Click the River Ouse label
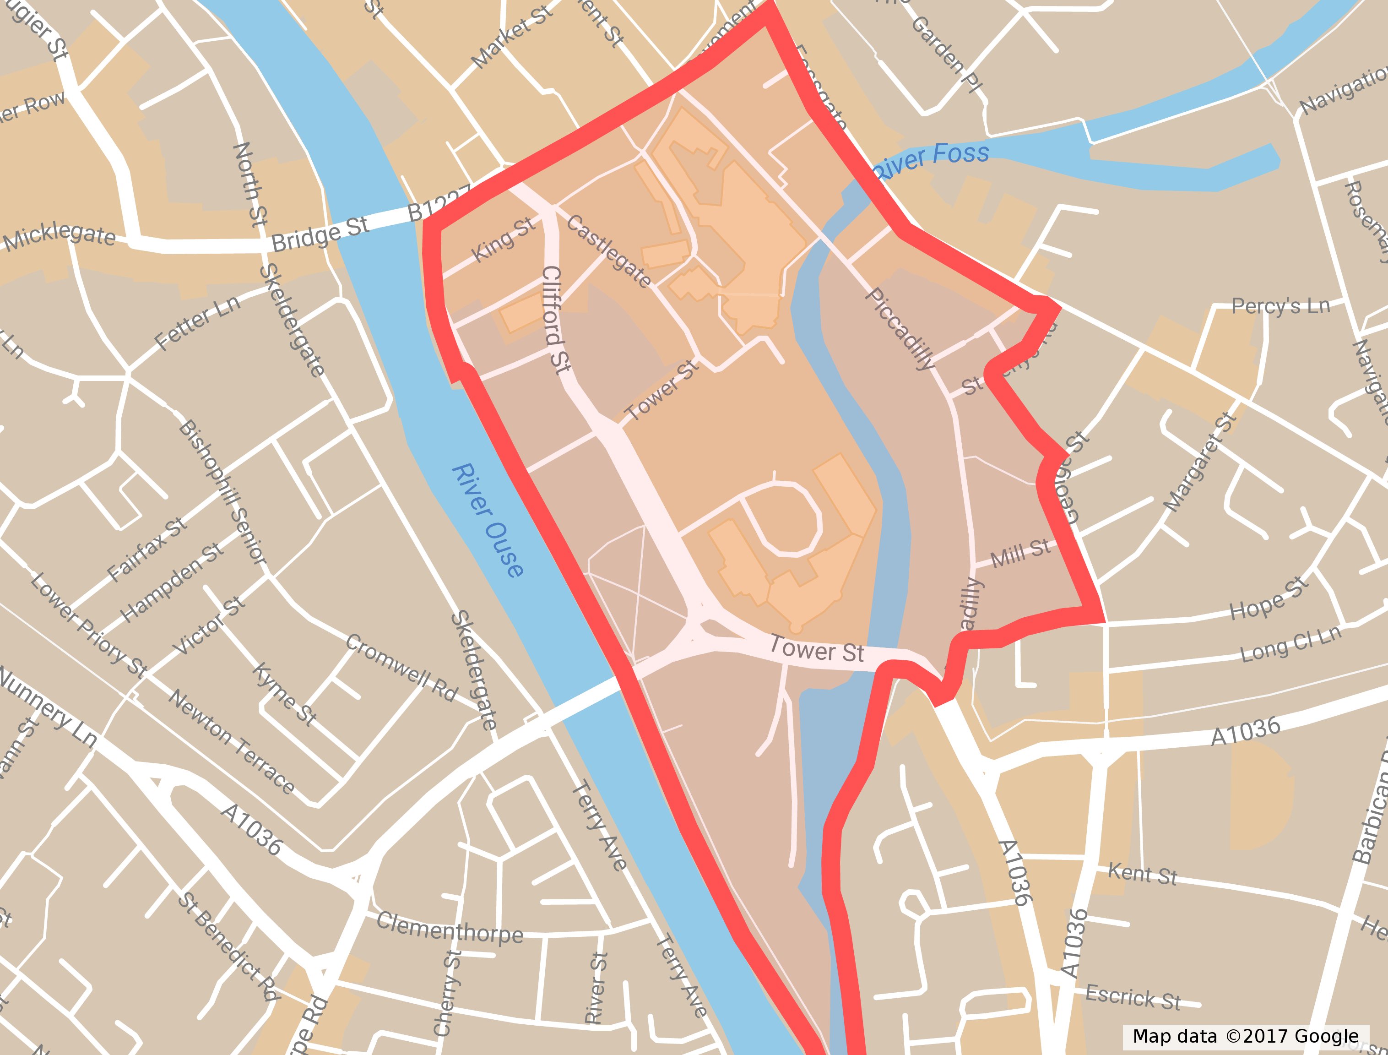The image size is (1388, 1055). point(488,521)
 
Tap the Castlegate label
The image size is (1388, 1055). point(609,250)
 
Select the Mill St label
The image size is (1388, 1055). point(1020,553)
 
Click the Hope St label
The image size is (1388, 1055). point(1269,598)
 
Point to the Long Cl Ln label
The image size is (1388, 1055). point(1290,644)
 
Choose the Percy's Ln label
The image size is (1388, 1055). point(1281,306)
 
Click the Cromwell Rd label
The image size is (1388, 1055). point(402,668)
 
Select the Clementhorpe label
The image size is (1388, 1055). point(450,928)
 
